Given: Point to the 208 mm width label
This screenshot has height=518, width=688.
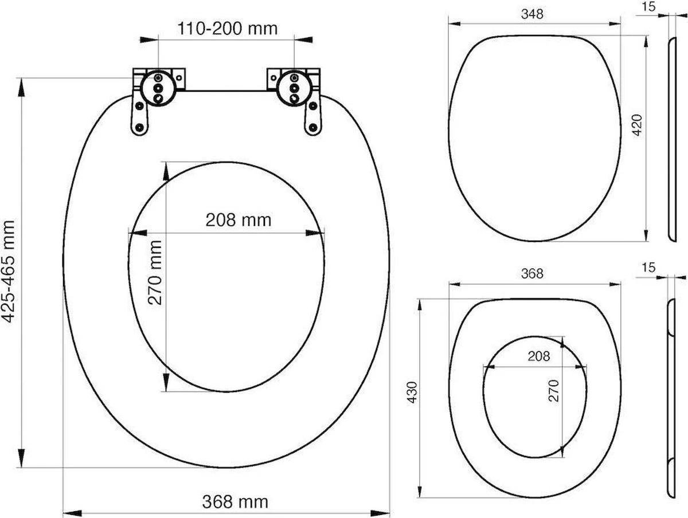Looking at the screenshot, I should (x=229, y=219).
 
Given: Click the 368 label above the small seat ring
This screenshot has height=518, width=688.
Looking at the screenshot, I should (x=531, y=274).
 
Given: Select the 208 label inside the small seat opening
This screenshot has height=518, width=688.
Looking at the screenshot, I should (x=538, y=356).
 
